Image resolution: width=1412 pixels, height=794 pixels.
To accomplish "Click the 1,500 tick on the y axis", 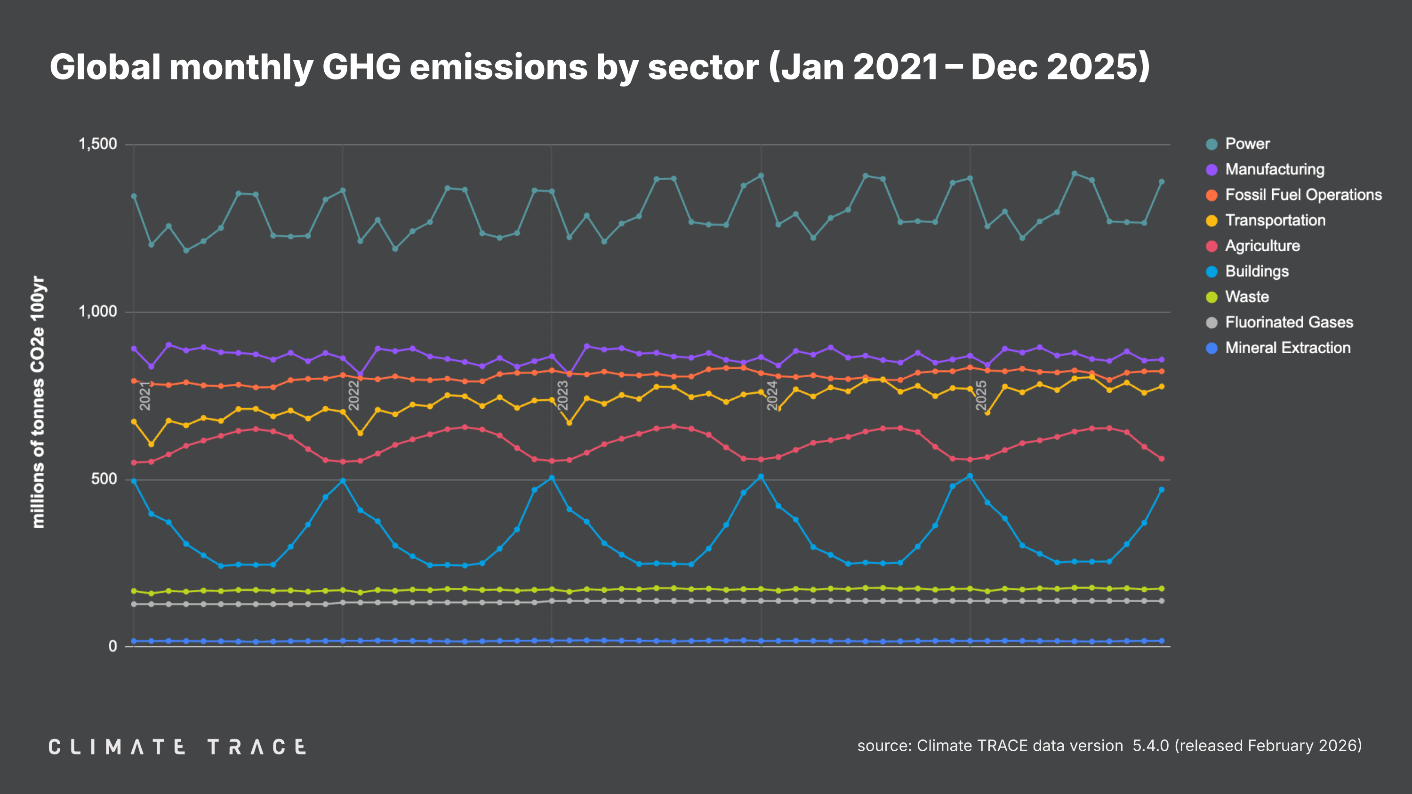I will click(97, 144).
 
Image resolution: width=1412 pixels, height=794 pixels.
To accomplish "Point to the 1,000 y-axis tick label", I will click(97, 311).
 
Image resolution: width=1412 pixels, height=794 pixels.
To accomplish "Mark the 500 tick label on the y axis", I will click(104, 479).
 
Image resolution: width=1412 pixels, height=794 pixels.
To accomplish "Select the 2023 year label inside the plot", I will click(562, 396).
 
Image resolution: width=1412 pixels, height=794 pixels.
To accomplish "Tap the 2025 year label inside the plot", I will click(981, 396).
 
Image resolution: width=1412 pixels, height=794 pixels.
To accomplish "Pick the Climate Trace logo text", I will click(177, 747).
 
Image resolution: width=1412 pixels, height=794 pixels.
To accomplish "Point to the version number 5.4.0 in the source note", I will click(1150, 746).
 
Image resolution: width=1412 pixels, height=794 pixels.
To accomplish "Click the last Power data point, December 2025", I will click(1161, 182).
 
